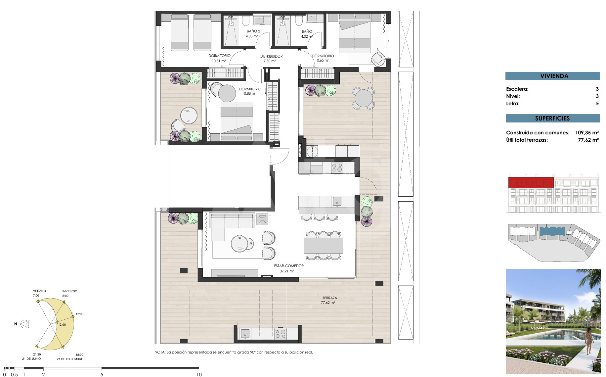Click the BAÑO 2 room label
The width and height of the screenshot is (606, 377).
[x=253, y=31]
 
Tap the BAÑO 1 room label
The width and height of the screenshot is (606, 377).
[x=308, y=31]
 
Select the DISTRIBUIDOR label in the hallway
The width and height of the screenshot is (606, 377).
[x=271, y=56]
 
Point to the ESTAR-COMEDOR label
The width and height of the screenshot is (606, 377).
[x=289, y=266]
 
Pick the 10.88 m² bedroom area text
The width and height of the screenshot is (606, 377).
[x=249, y=94]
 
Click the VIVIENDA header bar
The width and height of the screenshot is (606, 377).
[x=552, y=76]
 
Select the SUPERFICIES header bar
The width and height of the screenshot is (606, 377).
[x=552, y=118]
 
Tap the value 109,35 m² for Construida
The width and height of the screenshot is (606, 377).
[x=587, y=133]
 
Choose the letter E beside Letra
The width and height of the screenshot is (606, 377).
[x=597, y=104]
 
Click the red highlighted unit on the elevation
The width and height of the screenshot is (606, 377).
[x=531, y=182]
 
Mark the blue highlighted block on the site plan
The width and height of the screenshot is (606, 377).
[x=552, y=231]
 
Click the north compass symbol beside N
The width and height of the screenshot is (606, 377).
[x=25, y=324]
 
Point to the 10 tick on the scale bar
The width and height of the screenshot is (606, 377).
[x=199, y=375]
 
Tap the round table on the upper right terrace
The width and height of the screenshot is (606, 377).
[x=363, y=98]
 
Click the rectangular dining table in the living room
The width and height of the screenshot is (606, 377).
[x=323, y=246]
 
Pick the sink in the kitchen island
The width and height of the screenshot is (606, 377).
[x=337, y=201]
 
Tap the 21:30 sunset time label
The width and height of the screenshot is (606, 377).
[x=37, y=354]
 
